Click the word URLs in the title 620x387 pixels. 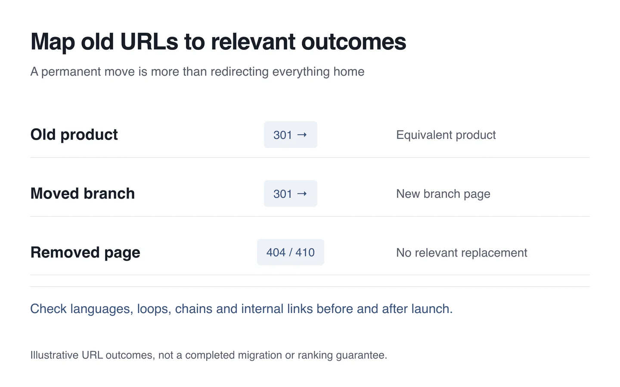tap(149, 42)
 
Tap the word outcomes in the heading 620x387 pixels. tap(353, 42)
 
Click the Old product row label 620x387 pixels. tap(74, 135)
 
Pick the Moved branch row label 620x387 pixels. tap(83, 193)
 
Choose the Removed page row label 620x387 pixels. tap(85, 253)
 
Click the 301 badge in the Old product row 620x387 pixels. tap(290, 135)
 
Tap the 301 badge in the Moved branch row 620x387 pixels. tap(290, 193)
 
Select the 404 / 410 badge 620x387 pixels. tap(290, 252)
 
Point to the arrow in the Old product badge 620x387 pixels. tap(302, 135)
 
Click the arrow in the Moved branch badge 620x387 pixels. tap(302, 193)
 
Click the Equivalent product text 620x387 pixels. tap(446, 135)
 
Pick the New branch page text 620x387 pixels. tap(443, 194)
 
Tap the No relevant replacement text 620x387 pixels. tap(462, 253)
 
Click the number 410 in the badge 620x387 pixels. tap(305, 252)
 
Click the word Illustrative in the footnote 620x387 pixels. tap(54, 355)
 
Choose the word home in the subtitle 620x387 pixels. tap(349, 72)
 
